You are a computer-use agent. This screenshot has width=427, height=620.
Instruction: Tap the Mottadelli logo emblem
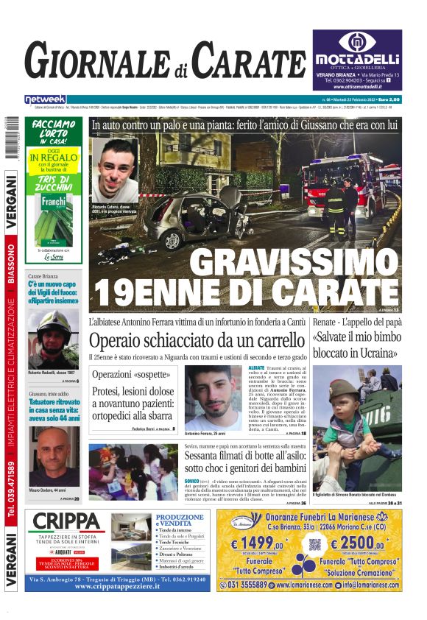(x=356, y=42)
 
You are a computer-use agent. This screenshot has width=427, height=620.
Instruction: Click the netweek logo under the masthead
(x=45, y=99)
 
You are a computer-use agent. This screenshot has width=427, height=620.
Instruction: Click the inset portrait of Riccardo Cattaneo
(x=115, y=170)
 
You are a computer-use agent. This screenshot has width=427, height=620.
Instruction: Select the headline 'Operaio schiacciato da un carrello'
(x=196, y=340)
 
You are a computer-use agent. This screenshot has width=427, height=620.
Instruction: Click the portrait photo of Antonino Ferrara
(x=213, y=398)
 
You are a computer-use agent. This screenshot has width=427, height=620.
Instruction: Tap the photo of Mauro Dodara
(x=54, y=457)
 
